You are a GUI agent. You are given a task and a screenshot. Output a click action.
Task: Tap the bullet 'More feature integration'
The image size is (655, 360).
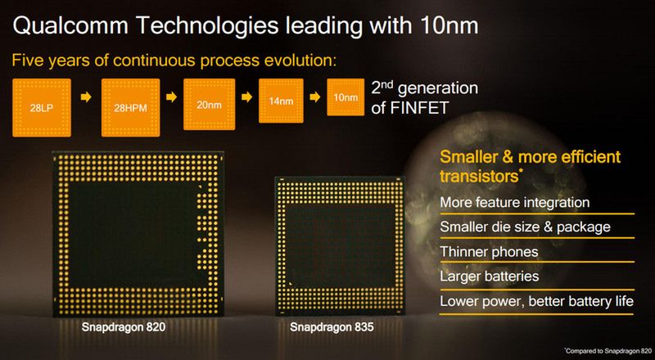tap(515, 202)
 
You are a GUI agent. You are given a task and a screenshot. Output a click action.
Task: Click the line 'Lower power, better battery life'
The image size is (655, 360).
tap(536, 301)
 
